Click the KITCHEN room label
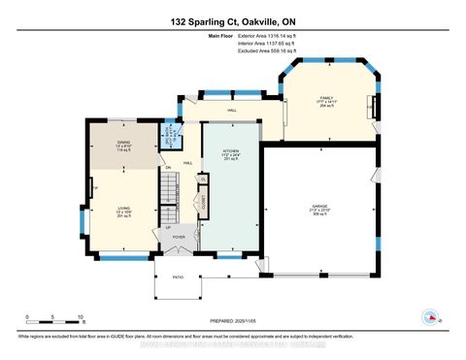click(229, 152)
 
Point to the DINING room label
click(124, 146)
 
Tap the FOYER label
click(179, 236)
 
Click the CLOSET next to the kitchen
click(204, 203)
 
